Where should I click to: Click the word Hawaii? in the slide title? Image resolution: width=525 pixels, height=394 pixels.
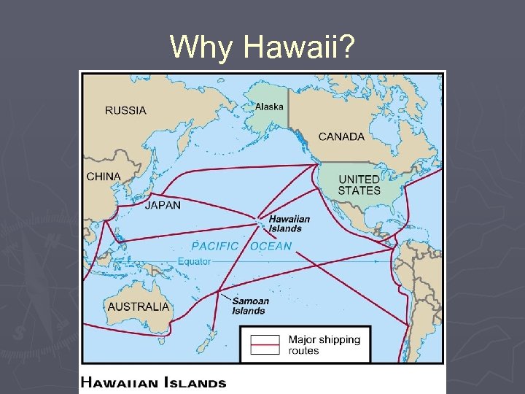(300, 47)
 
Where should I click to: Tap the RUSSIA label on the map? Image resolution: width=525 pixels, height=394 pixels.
(125, 111)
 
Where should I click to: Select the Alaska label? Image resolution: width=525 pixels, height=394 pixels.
(269, 107)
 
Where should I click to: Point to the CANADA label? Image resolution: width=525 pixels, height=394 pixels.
(341, 136)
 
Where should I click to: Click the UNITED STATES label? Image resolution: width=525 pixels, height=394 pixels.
(359, 185)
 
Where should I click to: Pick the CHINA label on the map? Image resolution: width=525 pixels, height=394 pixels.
(104, 177)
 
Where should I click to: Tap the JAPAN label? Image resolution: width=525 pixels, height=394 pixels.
(163, 205)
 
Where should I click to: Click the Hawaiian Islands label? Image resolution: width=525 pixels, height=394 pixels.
(289, 223)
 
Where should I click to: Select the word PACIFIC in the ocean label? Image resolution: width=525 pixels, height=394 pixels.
(214, 246)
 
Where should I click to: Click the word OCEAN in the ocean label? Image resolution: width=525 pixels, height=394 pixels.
(271, 246)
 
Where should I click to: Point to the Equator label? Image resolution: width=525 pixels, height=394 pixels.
(194, 261)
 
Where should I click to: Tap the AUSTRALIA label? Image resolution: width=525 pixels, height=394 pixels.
(138, 306)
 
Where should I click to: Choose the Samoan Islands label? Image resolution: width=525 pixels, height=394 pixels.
(250, 306)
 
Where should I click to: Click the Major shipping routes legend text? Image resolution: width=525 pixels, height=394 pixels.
(324, 345)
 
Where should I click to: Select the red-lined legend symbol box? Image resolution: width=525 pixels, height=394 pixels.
(265, 345)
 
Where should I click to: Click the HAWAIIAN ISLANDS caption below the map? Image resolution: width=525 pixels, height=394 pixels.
(152, 382)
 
